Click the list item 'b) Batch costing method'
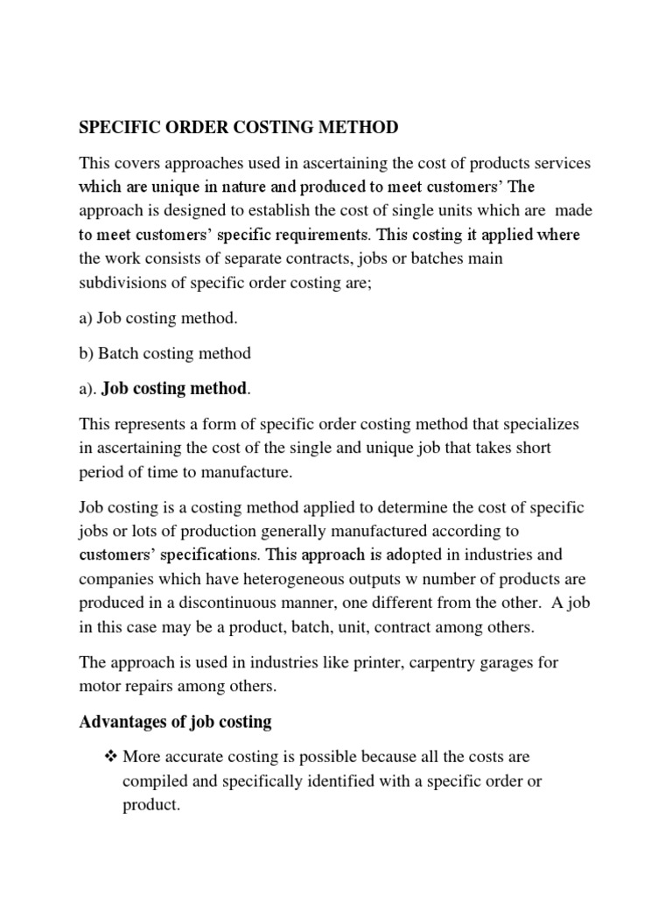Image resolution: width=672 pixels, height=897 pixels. (164, 353)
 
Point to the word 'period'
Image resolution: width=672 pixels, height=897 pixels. (101, 471)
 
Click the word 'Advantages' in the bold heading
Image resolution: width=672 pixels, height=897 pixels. (122, 722)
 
